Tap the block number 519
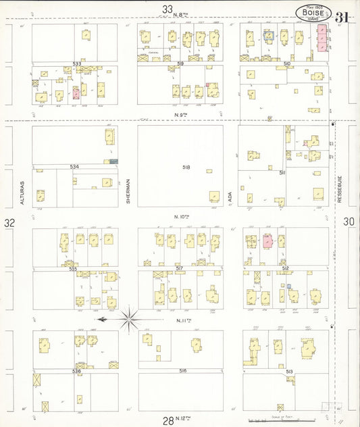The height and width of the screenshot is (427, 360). pyautogui.click(x=180, y=63)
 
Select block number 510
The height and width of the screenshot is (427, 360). pyautogui.click(x=286, y=64)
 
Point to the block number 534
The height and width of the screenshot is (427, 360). pyautogui.click(x=74, y=166)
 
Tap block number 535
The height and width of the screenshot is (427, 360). pyautogui.click(x=74, y=269)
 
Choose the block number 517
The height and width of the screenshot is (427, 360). pyautogui.click(x=180, y=268)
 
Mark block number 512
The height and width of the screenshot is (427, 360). pyautogui.click(x=286, y=268)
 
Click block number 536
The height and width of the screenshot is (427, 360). pyautogui.click(x=74, y=371)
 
